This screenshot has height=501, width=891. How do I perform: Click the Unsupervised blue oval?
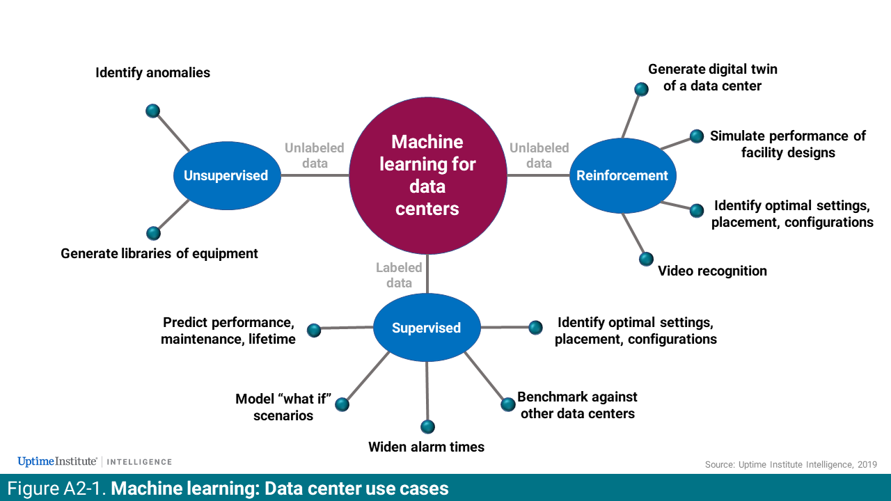point(226,175)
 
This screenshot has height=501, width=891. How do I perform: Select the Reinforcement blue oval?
point(622,175)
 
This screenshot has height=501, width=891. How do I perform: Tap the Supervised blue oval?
point(426,328)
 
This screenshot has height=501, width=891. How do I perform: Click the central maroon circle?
point(427,175)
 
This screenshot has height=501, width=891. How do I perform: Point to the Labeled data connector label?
point(399,275)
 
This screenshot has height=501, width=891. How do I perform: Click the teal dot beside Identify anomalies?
point(153,111)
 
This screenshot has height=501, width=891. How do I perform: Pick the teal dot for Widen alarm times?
point(427,427)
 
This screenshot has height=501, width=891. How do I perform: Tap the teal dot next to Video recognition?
point(646,259)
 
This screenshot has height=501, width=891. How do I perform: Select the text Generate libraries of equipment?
point(159,253)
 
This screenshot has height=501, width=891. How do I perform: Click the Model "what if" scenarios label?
point(283,407)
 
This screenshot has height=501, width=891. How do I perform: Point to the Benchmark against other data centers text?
point(576,405)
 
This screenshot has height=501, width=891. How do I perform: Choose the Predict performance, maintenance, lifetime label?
point(228,331)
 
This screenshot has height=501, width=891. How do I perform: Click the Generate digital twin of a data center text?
point(712,77)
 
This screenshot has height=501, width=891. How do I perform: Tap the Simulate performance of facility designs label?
point(787,144)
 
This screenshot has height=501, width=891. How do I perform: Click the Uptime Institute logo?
point(56,461)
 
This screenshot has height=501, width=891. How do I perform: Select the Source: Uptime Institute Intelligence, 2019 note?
point(791,464)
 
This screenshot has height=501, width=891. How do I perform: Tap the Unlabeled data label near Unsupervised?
point(314,155)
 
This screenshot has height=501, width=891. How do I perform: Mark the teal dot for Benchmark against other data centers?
point(507,404)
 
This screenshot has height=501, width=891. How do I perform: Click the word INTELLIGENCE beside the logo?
point(139,462)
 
